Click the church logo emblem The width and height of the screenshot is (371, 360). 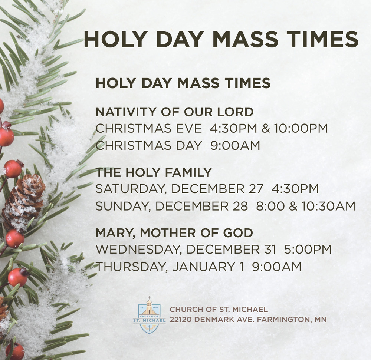[149, 315]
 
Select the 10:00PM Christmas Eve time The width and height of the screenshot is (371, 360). [301, 128]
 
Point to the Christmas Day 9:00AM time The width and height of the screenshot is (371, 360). [235, 145]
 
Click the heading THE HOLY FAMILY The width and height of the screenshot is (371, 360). [154, 172]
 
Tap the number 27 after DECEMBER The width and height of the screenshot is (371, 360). [256, 189]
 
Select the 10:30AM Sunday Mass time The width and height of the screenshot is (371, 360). [328, 206]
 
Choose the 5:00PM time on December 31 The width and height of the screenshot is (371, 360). [308, 250]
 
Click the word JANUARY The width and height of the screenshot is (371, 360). [203, 267]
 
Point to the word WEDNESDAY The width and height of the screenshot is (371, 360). [138, 250]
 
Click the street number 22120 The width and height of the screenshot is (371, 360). [181, 320]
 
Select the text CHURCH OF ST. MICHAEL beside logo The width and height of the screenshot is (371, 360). [219, 309]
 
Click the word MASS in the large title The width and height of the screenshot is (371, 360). [245, 39]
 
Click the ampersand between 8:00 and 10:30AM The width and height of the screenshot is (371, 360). [293, 206]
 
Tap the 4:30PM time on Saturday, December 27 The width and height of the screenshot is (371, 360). [295, 189]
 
